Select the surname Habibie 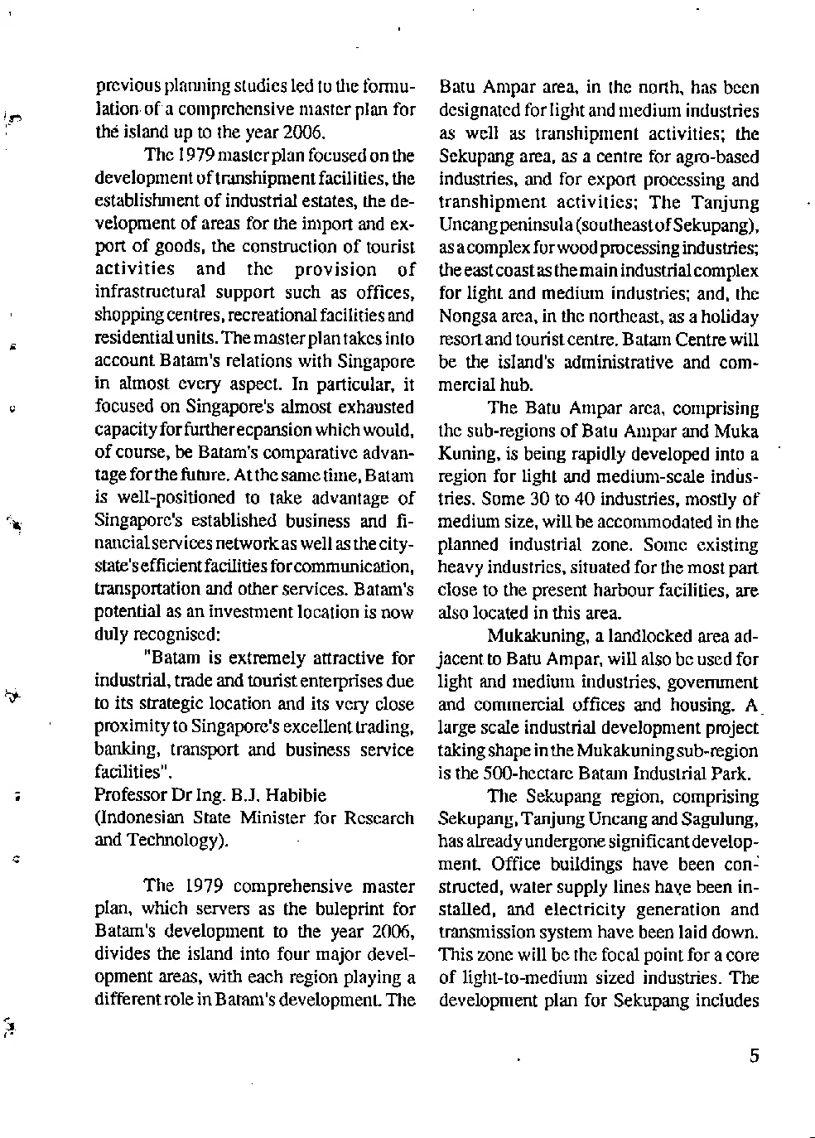coord(296,795)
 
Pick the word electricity coord(591,909)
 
